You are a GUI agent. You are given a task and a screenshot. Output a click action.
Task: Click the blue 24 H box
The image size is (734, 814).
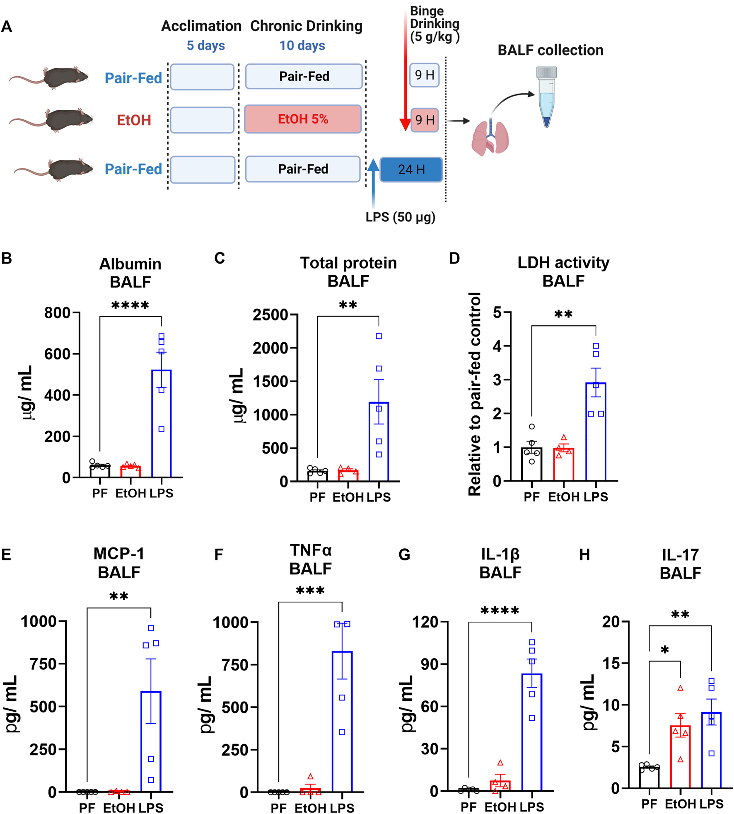pos(411,169)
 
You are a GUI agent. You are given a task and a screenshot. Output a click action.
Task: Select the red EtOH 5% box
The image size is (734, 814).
pos(303,119)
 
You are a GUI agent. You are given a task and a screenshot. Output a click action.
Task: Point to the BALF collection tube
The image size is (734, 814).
pos(547,97)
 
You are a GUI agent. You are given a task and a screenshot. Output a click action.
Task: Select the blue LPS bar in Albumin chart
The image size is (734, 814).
pos(162,423)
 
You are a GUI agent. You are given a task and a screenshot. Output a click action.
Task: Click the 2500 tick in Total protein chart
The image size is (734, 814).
pos(270,315)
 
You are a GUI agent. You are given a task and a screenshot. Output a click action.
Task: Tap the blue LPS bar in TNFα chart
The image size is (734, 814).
pos(342,721)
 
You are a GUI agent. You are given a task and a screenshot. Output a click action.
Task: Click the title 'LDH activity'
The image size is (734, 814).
pos(563,263)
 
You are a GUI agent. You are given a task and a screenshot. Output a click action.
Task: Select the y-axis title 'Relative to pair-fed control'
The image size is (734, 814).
pos(475,394)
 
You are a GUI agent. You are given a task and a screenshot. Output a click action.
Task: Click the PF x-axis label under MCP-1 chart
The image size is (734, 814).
pos(87,807)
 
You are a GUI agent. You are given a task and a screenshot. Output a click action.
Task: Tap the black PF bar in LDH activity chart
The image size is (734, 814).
pos(531,464)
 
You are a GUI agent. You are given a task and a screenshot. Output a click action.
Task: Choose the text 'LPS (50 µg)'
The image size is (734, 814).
pos(400,217)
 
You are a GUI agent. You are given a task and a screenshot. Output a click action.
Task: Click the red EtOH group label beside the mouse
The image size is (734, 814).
pos(134,120)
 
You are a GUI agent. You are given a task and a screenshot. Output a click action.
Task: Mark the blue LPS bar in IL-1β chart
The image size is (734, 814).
pos(532,732)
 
